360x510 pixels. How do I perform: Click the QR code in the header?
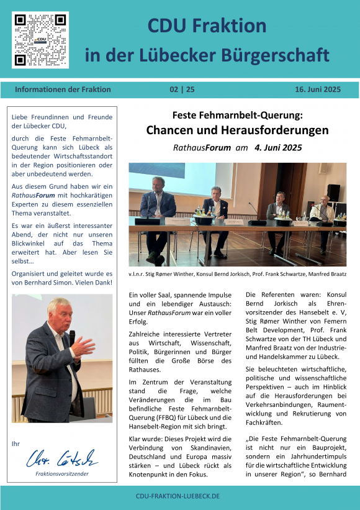pyautogui.click(x=40, y=40)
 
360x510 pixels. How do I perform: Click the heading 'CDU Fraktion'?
pyautogui.click(x=207, y=26)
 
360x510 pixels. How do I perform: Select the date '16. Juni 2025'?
pyautogui.click(x=318, y=89)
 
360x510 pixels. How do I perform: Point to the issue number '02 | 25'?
pyautogui.click(x=182, y=89)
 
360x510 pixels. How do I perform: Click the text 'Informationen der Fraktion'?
pyautogui.click(x=63, y=89)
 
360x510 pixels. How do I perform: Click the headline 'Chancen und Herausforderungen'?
pyautogui.click(x=237, y=130)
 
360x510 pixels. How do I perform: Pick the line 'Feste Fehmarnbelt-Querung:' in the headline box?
pyautogui.click(x=237, y=115)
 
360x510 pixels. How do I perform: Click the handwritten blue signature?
pyautogui.click(x=61, y=460)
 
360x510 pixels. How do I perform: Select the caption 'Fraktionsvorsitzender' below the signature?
pyautogui.click(x=62, y=473)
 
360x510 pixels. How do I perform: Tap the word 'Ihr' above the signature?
pyautogui.click(x=16, y=444)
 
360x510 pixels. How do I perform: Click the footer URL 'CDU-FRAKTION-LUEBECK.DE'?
pyautogui.click(x=178, y=497)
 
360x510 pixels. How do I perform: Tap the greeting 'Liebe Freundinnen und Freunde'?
pyautogui.click(x=62, y=117)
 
